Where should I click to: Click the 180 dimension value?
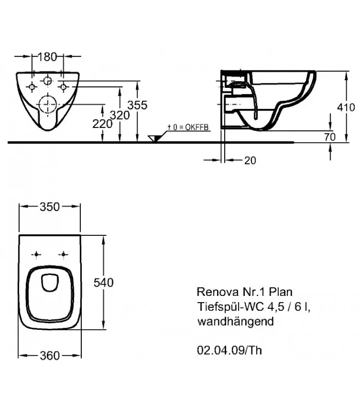point(48,57)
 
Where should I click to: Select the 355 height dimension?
point(137,105)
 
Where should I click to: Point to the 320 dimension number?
point(120,115)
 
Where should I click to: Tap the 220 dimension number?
point(103,124)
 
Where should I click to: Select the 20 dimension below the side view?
point(249,161)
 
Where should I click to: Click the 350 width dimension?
point(50,207)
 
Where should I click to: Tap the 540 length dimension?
point(103,282)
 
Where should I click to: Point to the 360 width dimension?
point(50,356)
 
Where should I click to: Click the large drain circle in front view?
point(47,103)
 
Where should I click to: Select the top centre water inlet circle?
point(47,80)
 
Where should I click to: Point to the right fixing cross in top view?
point(63,254)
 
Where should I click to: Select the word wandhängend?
point(231,322)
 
